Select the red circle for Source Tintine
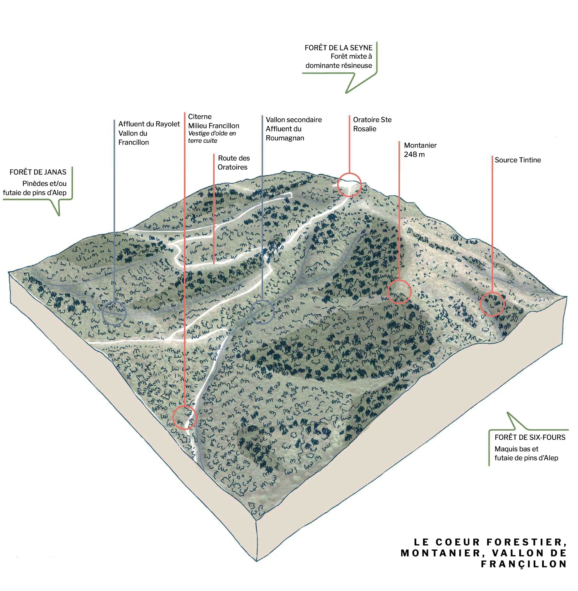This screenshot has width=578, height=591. [x=492, y=304]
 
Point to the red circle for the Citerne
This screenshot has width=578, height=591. [x=184, y=417]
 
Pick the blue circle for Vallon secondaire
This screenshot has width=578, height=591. [x=262, y=312]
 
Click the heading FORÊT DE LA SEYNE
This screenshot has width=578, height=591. [x=338, y=48]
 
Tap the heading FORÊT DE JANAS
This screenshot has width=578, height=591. [x=38, y=172]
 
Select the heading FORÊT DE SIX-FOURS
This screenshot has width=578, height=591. [x=530, y=437]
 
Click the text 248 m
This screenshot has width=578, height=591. [x=414, y=154]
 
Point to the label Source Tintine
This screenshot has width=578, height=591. [x=518, y=160]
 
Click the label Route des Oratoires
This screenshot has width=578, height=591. [x=234, y=162]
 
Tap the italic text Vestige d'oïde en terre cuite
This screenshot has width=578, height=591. [x=212, y=137]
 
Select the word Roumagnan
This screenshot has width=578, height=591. [x=285, y=138]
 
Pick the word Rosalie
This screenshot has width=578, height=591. [x=365, y=129]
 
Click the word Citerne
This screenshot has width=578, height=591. [x=200, y=116]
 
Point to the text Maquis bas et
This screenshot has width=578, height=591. [x=516, y=449]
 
